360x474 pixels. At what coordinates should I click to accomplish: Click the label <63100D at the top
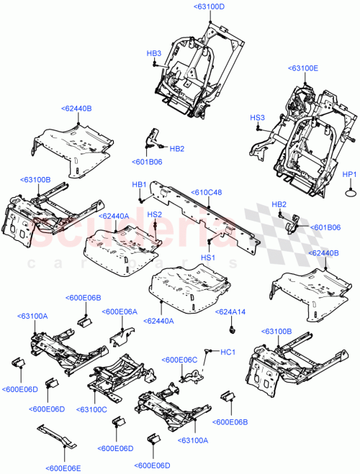click(x=209, y=6)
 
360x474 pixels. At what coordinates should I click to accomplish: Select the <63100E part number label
click(x=302, y=68)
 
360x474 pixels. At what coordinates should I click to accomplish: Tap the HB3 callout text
click(x=154, y=53)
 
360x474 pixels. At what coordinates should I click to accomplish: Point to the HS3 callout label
click(x=257, y=117)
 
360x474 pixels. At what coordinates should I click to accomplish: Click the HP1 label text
click(x=349, y=174)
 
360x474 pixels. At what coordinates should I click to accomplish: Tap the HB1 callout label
click(x=139, y=184)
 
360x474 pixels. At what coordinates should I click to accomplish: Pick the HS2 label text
click(x=154, y=214)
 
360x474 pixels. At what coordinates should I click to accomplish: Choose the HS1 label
click(x=208, y=257)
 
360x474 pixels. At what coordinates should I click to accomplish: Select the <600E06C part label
click(x=180, y=359)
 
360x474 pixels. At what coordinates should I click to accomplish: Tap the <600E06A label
click(x=120, y=311)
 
